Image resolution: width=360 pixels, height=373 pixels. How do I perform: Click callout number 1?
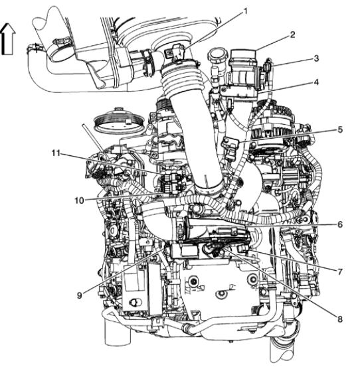[244, 11]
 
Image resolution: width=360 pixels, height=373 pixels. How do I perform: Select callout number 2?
[293, 35]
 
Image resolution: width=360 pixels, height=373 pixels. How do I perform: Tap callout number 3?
[316, 58]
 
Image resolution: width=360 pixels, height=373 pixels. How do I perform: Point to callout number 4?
[316, 82]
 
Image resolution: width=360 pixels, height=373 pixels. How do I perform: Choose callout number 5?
[340, 129]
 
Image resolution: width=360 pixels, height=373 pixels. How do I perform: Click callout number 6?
[340, 224]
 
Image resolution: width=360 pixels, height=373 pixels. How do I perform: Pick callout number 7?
[340, 271]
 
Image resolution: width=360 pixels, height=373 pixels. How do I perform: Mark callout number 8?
[340, 319]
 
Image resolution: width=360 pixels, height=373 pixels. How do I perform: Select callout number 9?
[80, 295]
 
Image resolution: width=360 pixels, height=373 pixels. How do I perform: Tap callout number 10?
[79, 200]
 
